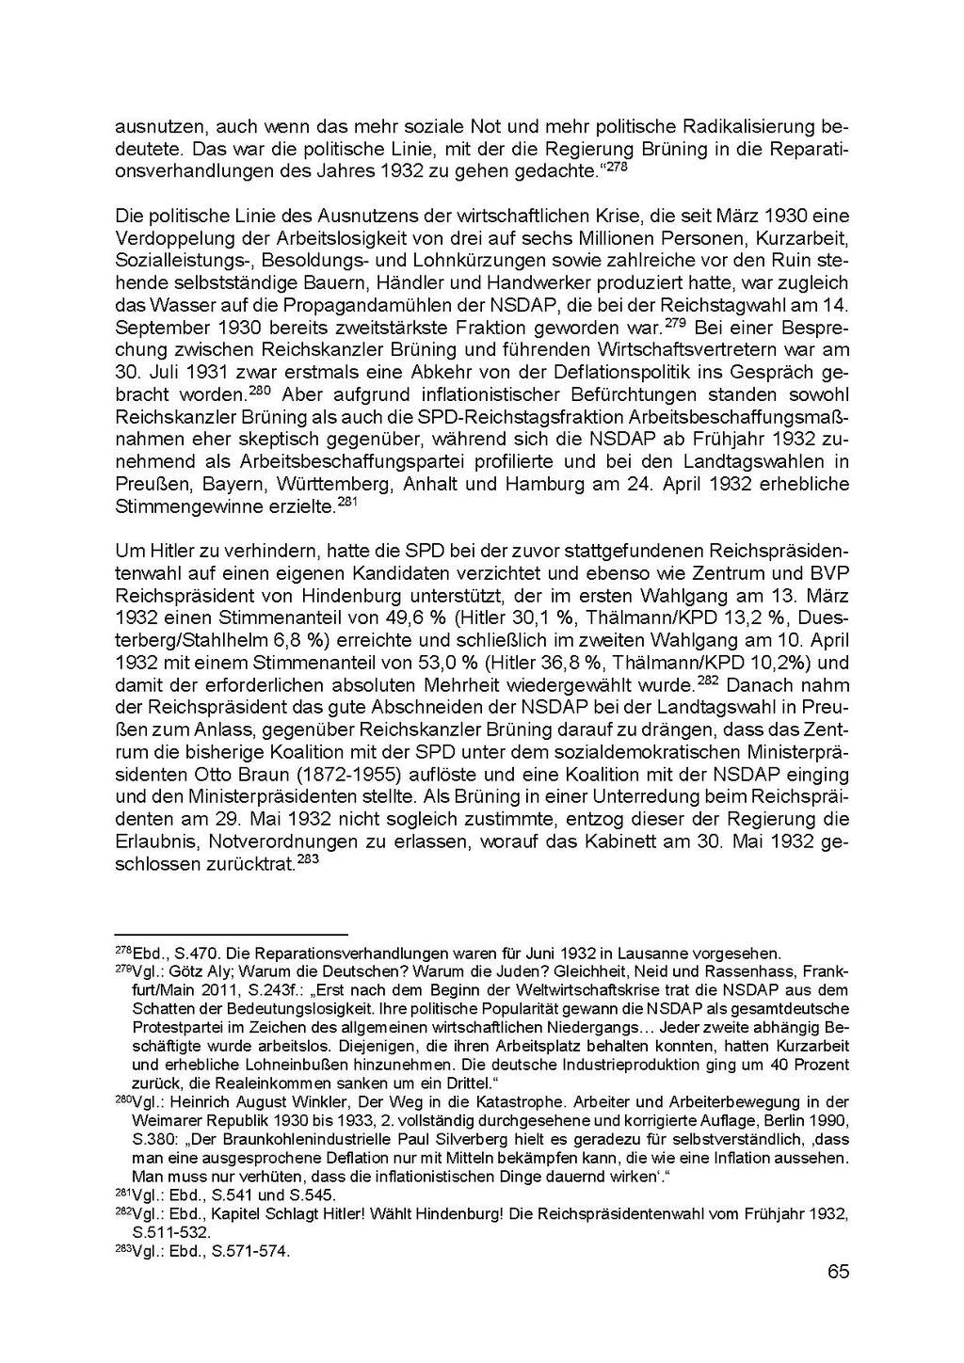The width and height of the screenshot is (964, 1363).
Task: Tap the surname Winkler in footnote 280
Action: pyautogui.click(x=324, y=1102)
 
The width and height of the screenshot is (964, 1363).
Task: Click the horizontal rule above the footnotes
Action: pyautogui.click(x=231, y=936)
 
